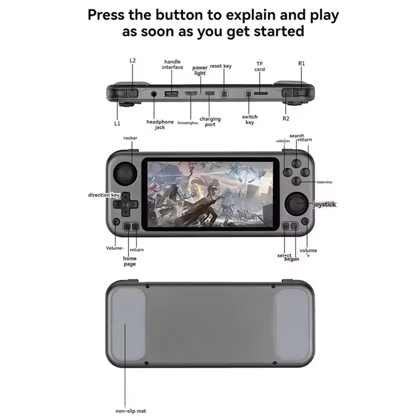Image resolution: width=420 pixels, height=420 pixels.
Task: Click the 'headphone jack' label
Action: pyautogui.click(x=160, y=124)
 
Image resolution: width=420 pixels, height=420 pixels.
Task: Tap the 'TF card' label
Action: pyautogui.click(x=260, y=66)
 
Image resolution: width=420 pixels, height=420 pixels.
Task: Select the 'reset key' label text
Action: pyautogui.click(x=220, y=66)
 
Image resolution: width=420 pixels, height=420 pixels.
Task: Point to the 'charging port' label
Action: pyautogui.click(x=210, y=122)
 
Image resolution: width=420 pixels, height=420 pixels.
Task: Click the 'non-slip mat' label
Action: pyautogui.click(x=131, y=411)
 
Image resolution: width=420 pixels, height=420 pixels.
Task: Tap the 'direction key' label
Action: pyautogui.click(x=104, y=195)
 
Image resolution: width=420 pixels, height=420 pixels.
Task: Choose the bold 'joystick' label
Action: pyautogui.click(x=325, y=204)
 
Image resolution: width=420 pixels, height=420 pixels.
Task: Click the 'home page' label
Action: pyautogui.click(x=129, y=261)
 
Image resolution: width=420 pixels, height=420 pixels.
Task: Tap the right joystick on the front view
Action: pyautogui.click(x=298, y=204)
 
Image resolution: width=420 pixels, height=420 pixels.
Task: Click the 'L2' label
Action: pyautogui.click(x=133, y=60)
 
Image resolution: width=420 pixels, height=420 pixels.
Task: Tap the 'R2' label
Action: pyautogui.click(x=286, y=118)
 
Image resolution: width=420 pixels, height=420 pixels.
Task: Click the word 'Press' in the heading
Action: pyautogui.click(x=106, y=15)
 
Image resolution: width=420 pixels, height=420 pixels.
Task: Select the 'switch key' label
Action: pyautogui.click(x=250, y=119)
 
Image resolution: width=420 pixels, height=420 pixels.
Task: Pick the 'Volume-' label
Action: pyautogui.click(x=115, y=248)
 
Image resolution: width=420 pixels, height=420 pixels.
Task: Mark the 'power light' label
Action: pyautogui.click(x=200, y=70)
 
